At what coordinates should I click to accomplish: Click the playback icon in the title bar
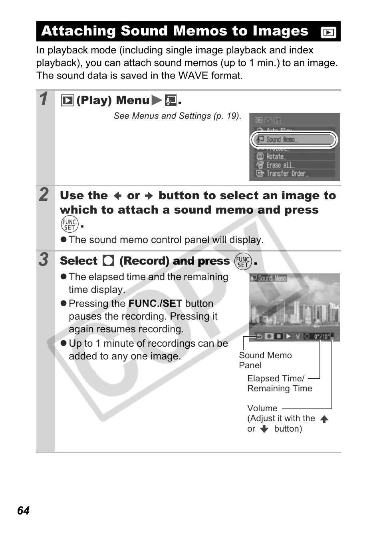coord(328,32)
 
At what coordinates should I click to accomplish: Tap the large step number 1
coord(44,99)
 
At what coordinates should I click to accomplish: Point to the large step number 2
coord(44,195)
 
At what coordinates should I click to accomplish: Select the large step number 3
coord(44,259)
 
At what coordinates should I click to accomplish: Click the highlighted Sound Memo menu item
coord(294,139)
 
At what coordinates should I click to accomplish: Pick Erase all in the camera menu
coord(279,165)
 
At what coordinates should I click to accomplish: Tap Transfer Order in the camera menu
coord(286,174)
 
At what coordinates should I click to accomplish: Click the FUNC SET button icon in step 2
coord(69,224)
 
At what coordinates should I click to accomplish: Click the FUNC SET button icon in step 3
coord(243,261)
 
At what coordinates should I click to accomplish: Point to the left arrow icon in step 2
coord(117,196)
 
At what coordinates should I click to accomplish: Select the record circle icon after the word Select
coord(108,261)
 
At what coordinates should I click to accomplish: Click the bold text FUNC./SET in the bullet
coord(155,304)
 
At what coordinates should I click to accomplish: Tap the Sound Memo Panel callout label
coord(265,360)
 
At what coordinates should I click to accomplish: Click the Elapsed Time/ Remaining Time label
coord(279,383)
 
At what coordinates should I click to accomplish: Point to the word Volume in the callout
coord(262,408)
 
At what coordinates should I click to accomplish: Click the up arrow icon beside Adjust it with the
coord(324,419)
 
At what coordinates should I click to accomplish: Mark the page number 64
coord(24,511)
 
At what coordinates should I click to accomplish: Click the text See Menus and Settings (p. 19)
coord(177,116)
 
